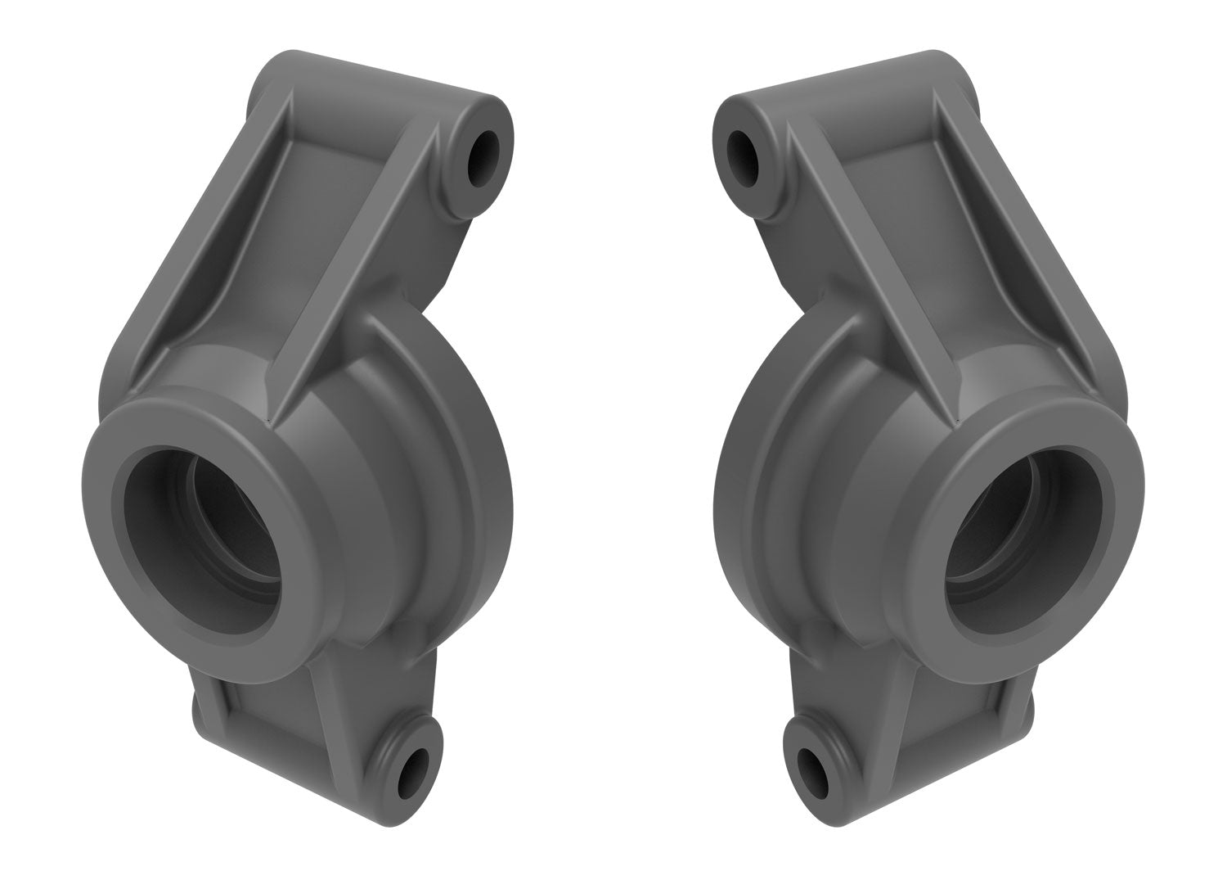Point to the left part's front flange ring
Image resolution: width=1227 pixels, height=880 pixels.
point(106,524)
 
